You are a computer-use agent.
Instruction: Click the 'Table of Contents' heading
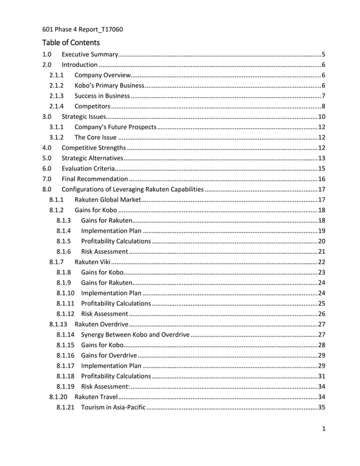point(71,42)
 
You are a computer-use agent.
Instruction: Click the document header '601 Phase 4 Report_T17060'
point(82,29)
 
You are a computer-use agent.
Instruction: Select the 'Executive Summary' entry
point(89,55)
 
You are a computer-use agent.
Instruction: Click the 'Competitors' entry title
point(92,106)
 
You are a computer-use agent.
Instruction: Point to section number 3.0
point(47,117)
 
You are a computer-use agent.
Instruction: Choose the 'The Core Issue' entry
point(95,137)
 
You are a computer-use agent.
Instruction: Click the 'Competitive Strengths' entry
point(93,148)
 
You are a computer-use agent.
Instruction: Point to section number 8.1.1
point(56,199)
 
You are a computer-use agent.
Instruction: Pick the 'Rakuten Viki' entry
point(92,261)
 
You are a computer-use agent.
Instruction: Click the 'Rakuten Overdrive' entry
point(101,324)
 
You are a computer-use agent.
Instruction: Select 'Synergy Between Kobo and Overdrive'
point(135,335)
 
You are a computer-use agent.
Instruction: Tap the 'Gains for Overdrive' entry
point(109,355)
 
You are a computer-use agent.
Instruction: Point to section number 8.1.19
point(65,386)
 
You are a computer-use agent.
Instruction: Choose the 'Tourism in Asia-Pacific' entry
point(113,407)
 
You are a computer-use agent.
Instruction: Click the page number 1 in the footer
point(323,429)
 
